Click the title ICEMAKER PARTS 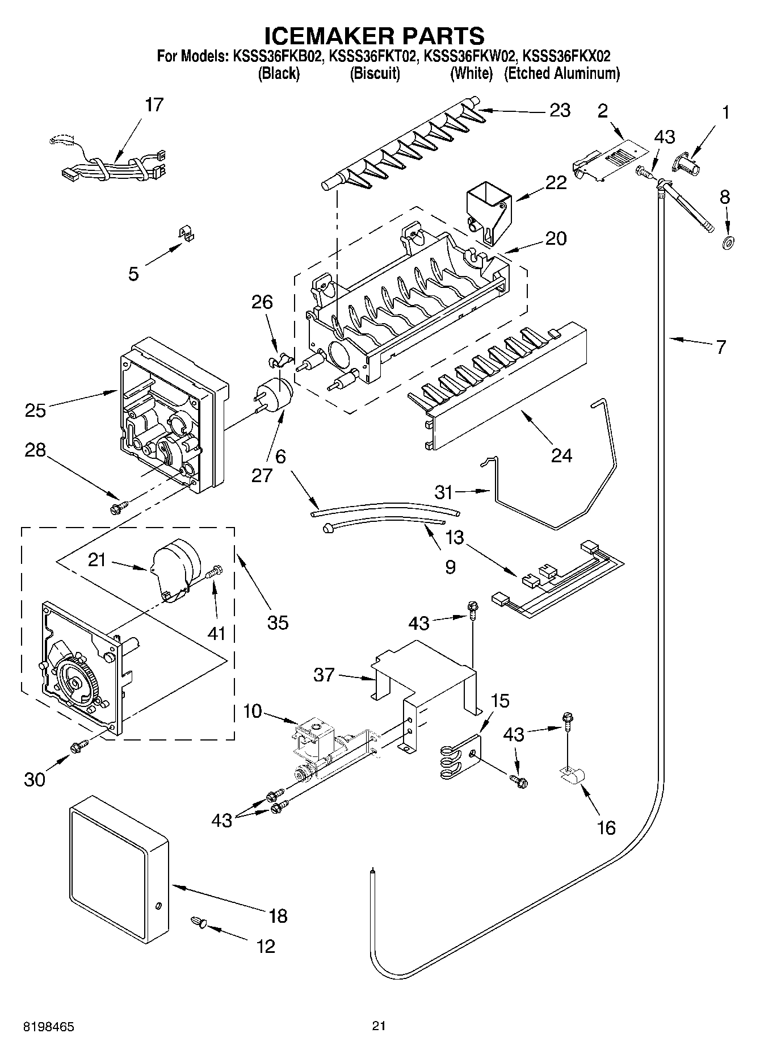tap(375, 36)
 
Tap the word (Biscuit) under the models tap(375, 73)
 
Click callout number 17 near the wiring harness tap(154, 105)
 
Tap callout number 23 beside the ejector tap(560, 110)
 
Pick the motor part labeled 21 tap(173, 568)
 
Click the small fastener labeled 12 tap(198, 922)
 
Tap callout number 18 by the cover tap(278, 916)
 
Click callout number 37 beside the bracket tap(324, 675)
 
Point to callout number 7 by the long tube tap(721, 347)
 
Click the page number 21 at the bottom tap(379, 1026)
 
